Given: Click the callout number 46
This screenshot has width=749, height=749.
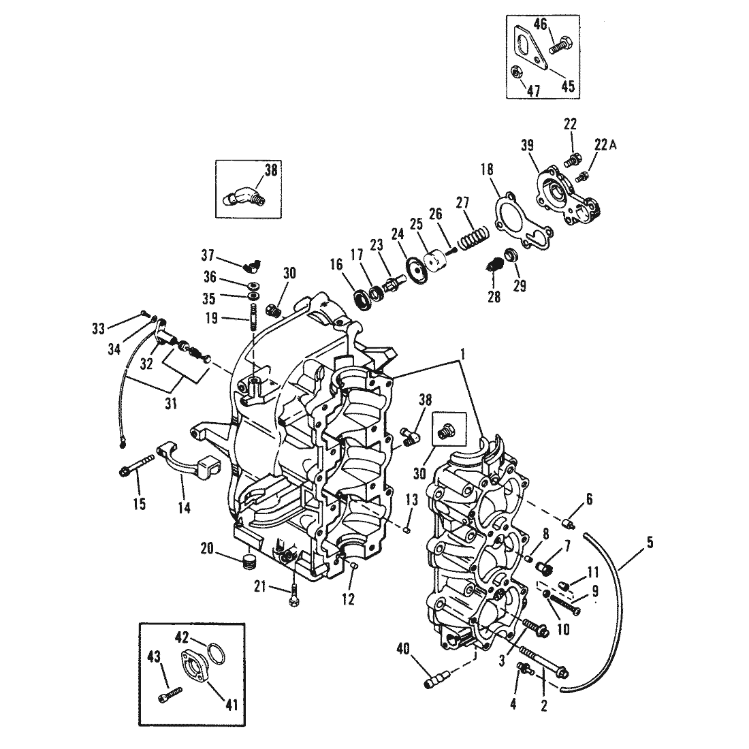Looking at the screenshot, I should tap(539, 25).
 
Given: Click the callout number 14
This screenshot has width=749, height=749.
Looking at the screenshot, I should tap(184, 507).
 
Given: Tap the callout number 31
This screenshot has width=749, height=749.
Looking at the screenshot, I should tap(170, 404).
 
